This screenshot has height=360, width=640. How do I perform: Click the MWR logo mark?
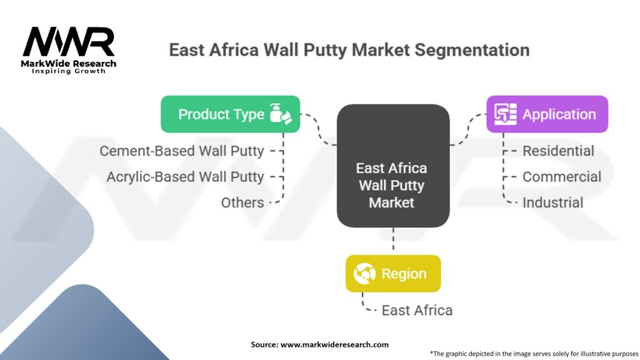coord(69,42)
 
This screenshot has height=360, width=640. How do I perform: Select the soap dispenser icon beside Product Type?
coord(279,114)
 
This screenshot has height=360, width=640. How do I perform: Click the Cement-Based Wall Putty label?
coord(182,151)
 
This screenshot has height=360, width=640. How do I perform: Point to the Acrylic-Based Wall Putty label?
coord(185,177)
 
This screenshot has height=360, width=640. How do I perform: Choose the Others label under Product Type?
coord(242,202)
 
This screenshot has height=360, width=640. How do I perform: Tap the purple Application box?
coord(547,114)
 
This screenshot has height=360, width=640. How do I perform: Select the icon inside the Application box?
coord(505,114)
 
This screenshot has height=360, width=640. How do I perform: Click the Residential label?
coord(558,151)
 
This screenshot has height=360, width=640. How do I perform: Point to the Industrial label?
coord(552,202)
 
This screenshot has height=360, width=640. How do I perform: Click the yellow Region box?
coord(393,274)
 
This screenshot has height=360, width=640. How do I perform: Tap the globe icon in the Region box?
coord(364,274)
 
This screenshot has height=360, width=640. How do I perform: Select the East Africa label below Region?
coord(417,310)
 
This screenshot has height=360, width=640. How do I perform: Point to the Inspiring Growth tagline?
coord(69,71)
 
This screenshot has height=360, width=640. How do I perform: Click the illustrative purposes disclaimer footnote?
coord(534,353)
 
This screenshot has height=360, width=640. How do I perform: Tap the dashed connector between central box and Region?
coord(393,241)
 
